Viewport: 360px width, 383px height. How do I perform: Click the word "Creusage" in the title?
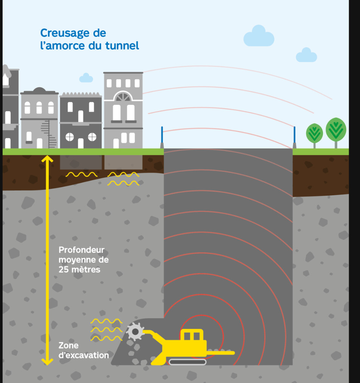65,33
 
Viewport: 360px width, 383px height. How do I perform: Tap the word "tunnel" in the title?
122,45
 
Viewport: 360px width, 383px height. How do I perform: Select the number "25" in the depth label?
64,269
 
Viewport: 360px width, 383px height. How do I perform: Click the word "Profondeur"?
81,250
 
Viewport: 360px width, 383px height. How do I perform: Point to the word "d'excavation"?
84,355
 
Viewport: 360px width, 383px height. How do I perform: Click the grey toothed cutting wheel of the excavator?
135,332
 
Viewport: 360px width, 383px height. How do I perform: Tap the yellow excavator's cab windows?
192,336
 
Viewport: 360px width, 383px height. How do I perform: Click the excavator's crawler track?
187,362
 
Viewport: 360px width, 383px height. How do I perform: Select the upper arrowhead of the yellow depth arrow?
47,159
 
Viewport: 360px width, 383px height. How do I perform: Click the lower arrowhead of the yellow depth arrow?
47,362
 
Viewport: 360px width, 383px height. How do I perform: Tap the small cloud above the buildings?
86,78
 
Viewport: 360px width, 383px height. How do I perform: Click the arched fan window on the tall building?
123,96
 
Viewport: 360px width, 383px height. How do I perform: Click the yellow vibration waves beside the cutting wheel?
106,330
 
